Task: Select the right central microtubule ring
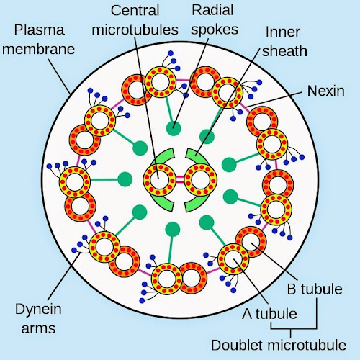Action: (x=200, y=179)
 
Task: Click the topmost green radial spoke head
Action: (x=172, y=129)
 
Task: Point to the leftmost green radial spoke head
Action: (x=125, y=179)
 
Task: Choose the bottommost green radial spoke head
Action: (x=172, y=230)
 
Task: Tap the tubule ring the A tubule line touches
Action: (x=233, y=258)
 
